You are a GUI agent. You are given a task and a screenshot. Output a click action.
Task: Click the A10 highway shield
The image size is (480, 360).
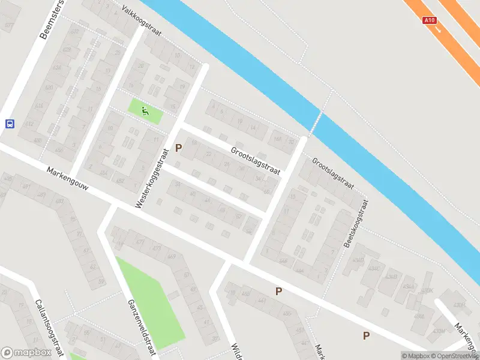coord(429,20)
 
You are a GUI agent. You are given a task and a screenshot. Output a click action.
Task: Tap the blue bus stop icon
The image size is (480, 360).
coord(10,124)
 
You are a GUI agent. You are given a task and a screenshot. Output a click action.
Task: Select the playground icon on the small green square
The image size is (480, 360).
coord(145,110)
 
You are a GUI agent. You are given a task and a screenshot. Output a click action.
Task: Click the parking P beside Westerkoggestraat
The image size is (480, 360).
coord(178,148)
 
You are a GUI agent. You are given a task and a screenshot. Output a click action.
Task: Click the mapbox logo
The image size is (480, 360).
coord(26,353)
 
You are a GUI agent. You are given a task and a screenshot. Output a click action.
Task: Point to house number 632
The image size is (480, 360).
coord(28,124)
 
